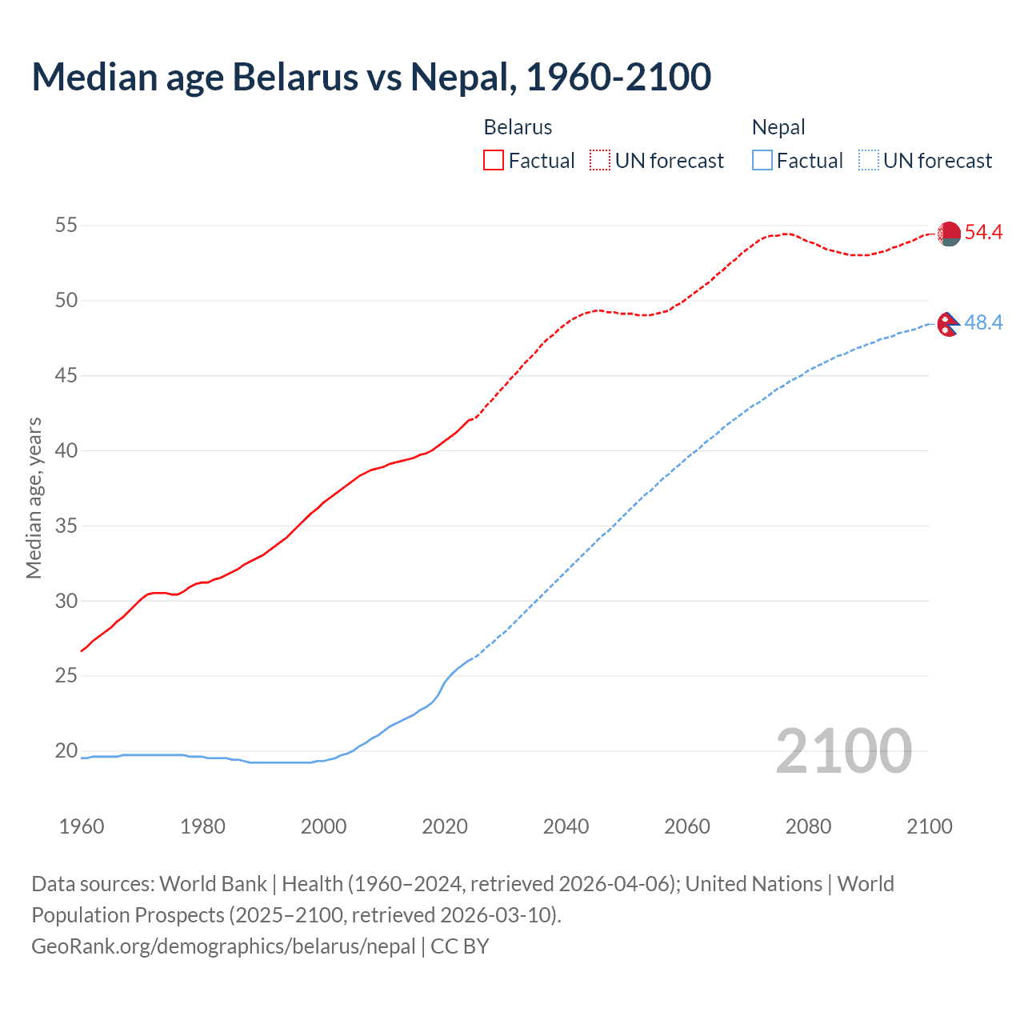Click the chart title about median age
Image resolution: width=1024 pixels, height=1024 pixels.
pyautogui.click(x=371, y=78)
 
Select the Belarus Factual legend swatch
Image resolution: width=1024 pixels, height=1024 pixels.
pyautogui.click(x=494, y=161)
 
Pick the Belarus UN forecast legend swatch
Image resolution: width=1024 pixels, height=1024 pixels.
pyautogui.click(x=600, y=161)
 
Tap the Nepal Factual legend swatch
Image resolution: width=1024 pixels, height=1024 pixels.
pyautogui.click(x=762, y=161)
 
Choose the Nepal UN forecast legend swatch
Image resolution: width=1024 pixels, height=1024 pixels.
pyautogui.click(x=869, y=161)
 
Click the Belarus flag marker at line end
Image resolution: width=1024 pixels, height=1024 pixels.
pyautogui.click(x=949, y=234)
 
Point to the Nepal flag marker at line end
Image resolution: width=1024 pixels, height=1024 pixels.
pyautogui.click(x=948, y=324)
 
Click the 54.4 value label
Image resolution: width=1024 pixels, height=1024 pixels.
pyautogui.click(x=983, y=233)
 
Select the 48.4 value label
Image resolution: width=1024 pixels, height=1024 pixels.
pyautogui.click(x=983, y=323)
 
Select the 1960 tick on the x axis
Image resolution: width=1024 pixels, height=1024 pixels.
pyautogui.click(x=82, y=826)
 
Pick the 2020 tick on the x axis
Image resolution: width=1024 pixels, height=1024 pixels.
pyautogui.click(x=445, y=826)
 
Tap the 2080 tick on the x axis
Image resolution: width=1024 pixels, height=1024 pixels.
pyautogui.click(x=808, y=826)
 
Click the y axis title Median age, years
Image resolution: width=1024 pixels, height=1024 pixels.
pyautogui.click(x=34, y=498)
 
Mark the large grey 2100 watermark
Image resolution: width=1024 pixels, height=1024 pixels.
pyautogui.click(x=843, y=751)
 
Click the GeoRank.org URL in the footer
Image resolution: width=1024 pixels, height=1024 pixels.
pyautogui.click(x=223, y=946)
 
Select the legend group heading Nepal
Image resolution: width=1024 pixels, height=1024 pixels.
pyautogui.click(x=778, y=127)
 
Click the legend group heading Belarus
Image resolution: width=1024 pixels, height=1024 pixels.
pyautogui.click(x=518, y=127)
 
